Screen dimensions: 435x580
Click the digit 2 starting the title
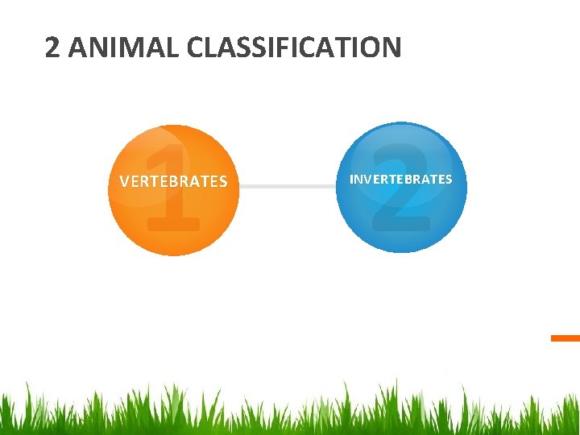pos(52,48)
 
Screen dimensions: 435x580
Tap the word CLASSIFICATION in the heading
pos(293,48)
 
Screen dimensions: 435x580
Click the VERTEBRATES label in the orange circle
pos(173,181)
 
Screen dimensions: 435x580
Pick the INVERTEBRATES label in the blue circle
pos(400,179)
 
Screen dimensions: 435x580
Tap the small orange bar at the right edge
pos(565,338)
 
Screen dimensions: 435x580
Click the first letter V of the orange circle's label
pos(124,181)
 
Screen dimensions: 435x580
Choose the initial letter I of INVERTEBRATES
pos(351,179)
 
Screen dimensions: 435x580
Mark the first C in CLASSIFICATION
pos(196,48)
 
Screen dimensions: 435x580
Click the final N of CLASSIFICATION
pos(391,48)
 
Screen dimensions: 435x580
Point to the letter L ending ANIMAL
pos(172,48)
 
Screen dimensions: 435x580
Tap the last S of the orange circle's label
pos(223,181)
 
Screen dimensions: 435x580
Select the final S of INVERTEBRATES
pos(449,179)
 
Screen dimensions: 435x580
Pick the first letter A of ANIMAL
pos(78,48)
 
